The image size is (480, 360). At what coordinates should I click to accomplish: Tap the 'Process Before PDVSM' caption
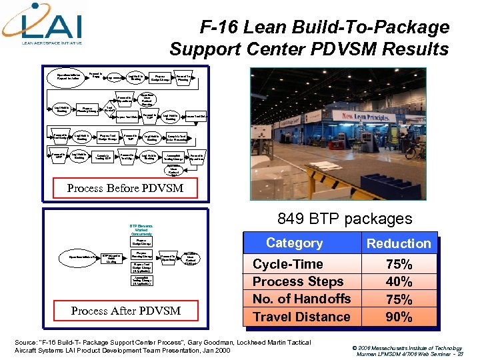(125, 188)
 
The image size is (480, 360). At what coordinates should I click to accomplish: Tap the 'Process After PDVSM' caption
(125, 310)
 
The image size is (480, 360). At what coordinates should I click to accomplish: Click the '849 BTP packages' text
(345, 218)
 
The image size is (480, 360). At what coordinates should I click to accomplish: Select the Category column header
(294, 243)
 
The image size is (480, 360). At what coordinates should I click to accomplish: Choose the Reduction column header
(399, 243)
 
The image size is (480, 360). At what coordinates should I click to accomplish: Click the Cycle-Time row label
(288, 265)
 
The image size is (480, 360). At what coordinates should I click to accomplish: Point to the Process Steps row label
(298, 282)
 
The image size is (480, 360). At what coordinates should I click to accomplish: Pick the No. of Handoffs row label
(301, 299)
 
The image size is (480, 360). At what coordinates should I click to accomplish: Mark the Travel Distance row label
(301, 317)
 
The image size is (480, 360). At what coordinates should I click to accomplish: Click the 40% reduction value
(399, 282)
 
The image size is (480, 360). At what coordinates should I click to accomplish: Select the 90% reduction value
(399, 317)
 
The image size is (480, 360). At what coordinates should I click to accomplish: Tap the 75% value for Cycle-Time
(399, 265)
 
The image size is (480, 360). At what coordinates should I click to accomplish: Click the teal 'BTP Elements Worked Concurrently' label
(141, 230)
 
